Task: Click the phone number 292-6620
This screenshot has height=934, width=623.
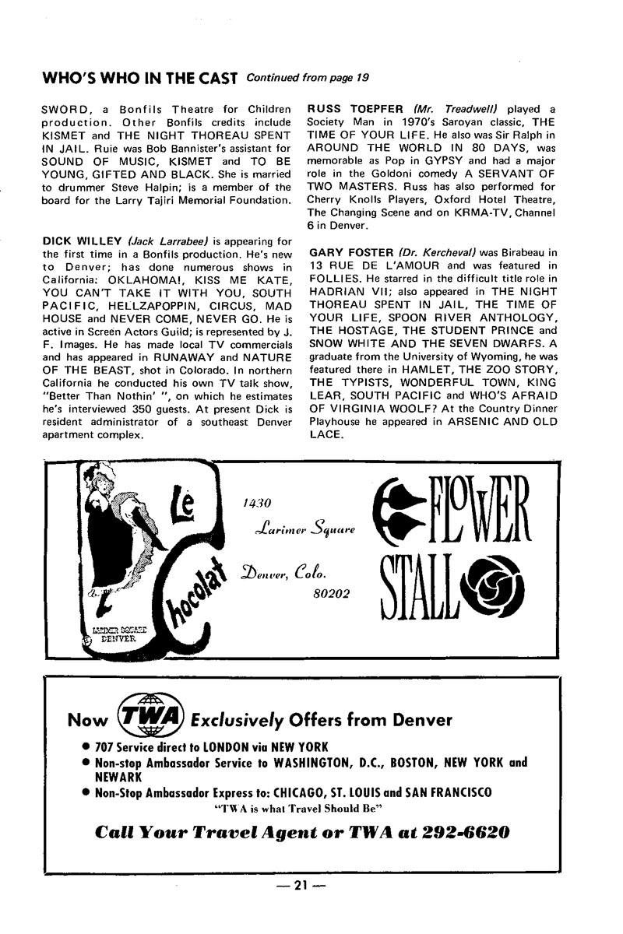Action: coord(466,832)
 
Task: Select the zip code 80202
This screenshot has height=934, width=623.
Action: coord(329,593)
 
